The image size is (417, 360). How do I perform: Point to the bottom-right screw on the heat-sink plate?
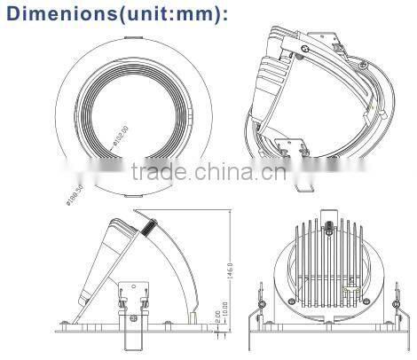(360, 307)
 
